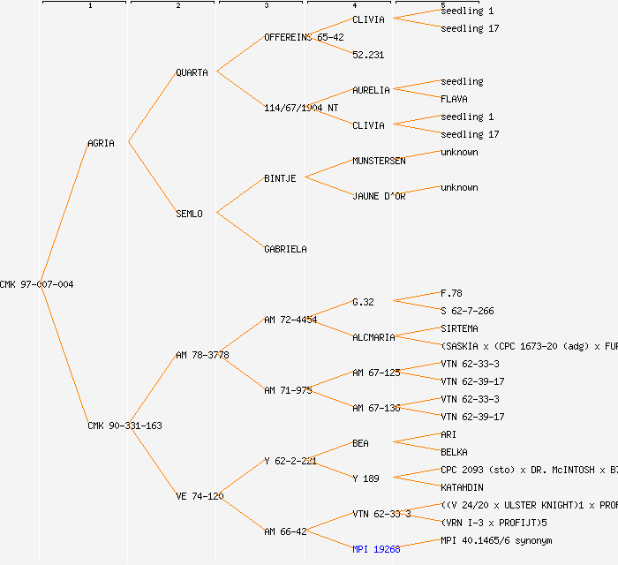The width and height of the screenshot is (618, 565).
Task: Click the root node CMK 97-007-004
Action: [37, 284]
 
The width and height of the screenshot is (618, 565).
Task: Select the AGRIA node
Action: [101, 143]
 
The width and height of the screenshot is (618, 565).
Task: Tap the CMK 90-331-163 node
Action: [124, 426]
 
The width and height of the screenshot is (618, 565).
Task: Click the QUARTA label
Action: [192, 72]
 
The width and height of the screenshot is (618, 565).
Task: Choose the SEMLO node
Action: [189, 214]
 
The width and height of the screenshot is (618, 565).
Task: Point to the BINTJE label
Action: [280, 178]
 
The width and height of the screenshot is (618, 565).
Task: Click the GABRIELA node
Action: [285, 249]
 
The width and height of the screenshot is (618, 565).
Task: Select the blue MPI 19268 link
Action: [376, 549]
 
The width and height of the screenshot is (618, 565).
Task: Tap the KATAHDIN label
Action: [462, 487]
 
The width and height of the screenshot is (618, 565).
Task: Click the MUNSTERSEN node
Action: [379, 161]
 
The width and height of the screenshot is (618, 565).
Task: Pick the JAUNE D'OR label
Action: [379, 196]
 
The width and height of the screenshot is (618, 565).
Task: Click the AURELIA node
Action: [371, 90]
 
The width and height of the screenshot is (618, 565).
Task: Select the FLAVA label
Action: [454, 99]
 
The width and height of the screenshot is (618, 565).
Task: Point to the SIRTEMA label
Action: [459, 328]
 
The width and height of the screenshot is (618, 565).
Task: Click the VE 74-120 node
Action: [200, 496]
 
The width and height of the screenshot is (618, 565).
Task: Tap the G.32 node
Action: [363, 302]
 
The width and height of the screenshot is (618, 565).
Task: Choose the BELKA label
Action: [454, 452]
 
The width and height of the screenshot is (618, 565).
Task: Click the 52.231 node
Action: [368, 55]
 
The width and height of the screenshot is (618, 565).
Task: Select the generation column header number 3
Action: [266, 6]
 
